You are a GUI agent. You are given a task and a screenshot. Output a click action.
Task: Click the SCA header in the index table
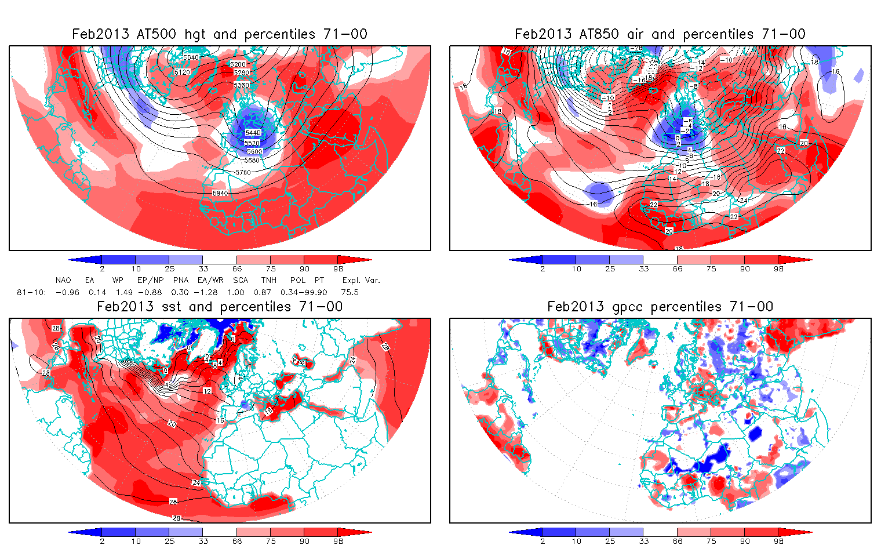[241, 280]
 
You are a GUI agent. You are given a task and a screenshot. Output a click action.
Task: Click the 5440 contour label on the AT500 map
[252, 133]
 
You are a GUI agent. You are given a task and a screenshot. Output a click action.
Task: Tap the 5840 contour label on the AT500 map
[220, 193]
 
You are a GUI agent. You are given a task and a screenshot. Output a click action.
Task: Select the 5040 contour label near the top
[191, 57]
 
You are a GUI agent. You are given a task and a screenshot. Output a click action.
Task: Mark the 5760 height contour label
[243, 172]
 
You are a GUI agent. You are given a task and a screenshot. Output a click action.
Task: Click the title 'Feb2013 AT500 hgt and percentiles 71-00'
[220, 34]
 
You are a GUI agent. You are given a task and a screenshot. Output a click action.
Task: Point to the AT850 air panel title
[660, 34]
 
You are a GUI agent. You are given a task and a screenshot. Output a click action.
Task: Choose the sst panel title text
[220, 307]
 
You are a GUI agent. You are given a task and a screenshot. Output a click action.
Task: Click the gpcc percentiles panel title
[660, 307]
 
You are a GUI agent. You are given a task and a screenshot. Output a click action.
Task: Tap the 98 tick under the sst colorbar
[338, 541]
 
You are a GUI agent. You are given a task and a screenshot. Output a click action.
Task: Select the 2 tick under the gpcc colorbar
[543, 541]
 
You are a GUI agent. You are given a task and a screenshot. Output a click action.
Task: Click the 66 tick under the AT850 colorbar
[678, 268]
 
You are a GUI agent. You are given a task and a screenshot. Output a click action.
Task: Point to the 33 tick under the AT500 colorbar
[203, 268]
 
